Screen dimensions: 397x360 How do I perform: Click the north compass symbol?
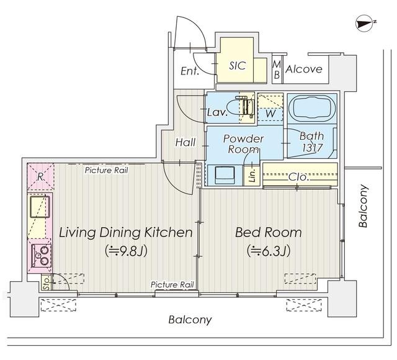coord(364,24)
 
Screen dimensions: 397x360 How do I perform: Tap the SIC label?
coord(237,66)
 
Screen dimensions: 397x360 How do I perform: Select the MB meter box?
coord(277,70)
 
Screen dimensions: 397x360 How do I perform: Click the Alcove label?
coord(304,69)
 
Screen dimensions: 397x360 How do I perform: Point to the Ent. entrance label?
coord(190,71)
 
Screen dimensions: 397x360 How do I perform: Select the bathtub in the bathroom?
coord(312,109)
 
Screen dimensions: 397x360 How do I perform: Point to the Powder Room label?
coord(243,144)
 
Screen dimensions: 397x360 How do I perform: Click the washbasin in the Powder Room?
coord(225,175)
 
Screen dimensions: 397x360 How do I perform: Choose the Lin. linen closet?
coord(252,175)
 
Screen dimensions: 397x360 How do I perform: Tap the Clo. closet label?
coord(299,177)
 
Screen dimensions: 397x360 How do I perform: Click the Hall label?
coord(185,142)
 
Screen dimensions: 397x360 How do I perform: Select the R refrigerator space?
coord(40,177)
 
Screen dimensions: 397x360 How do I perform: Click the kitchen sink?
coord(40,206)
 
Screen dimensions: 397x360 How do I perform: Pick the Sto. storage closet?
coord(47,282)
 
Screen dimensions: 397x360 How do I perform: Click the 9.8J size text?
coord(126,251)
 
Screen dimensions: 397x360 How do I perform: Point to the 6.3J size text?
coord(269,251)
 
